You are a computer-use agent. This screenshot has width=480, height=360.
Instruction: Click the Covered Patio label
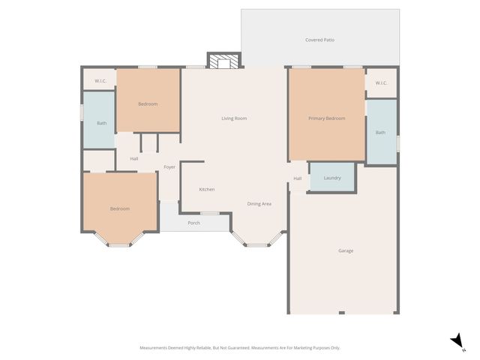point(319,40)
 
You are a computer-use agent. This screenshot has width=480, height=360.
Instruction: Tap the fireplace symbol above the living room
point(223,61)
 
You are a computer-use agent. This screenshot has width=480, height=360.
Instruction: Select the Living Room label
point(234,118)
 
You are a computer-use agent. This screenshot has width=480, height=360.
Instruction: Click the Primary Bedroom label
point(326,118)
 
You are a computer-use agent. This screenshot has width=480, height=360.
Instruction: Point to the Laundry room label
point(332,178)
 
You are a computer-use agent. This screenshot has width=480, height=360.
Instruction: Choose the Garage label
point(345,250)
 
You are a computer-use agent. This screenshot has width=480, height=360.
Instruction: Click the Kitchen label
point(207,189)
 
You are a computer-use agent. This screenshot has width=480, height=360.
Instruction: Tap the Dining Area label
point(259,204)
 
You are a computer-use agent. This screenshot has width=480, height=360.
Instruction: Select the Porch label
point(193,223)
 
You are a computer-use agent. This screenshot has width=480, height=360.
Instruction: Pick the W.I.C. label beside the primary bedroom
point(380,83)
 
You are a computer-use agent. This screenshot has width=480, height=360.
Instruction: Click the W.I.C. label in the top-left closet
point(99,80)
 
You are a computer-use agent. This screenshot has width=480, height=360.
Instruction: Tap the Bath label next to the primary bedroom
point(380,133)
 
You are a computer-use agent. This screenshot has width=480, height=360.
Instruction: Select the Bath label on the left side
point(101,123)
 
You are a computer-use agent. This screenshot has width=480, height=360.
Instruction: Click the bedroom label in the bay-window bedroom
point(120,208)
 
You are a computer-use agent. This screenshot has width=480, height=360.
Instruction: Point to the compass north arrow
point(457,342)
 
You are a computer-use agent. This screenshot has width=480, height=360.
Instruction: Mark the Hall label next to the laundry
point(297,178)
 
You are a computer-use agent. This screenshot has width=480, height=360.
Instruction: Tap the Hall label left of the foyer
point(133,158)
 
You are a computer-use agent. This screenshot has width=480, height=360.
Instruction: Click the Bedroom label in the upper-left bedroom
point(148,104)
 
